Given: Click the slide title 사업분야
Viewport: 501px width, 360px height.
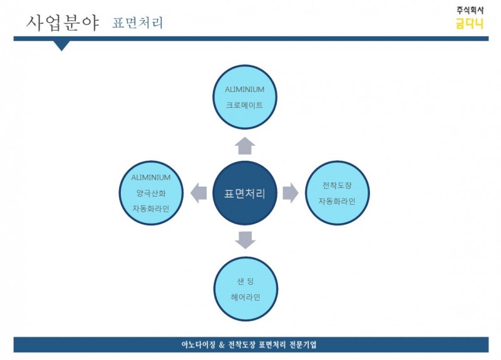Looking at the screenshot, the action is (x=63, y=23).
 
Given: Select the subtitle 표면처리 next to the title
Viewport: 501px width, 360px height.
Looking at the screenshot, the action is (x=137, y=23).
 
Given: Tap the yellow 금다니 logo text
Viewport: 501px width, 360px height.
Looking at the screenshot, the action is (x=470, y=24).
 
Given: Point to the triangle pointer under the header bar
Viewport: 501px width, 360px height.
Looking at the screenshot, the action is (x=61, y=45).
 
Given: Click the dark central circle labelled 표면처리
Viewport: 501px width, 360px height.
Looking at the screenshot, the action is (x=245, y=193).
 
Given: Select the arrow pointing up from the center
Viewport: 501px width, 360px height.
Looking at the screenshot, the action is (x=245, y=146).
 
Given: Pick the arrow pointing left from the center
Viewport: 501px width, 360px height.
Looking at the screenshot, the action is (x=199, y=193).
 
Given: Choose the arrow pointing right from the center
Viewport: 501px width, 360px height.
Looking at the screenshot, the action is (x=291, y=193).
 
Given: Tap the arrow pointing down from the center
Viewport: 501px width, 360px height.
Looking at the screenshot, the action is (x=245, y=240).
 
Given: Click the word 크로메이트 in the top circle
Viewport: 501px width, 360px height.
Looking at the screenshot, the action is (x=244, y=105).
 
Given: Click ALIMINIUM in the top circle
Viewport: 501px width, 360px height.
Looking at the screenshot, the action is (x=245, y=90).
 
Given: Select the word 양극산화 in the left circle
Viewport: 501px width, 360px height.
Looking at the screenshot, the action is (x=151, y=193).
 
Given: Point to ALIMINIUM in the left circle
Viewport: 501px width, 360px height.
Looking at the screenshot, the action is (x=151, y=177).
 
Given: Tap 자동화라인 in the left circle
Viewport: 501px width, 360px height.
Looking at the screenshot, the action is (x=151, y=209).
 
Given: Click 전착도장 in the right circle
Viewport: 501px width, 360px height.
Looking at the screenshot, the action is (x=337, y=185).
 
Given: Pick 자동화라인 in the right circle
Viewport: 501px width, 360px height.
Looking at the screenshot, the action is (x=337, y=201).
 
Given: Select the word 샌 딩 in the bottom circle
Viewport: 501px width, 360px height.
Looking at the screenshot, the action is (x=245, y=281).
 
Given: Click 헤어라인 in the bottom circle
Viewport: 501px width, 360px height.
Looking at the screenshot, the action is (x=245, y=297).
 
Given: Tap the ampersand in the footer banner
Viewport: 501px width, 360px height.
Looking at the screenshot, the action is (x=222, y=345).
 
